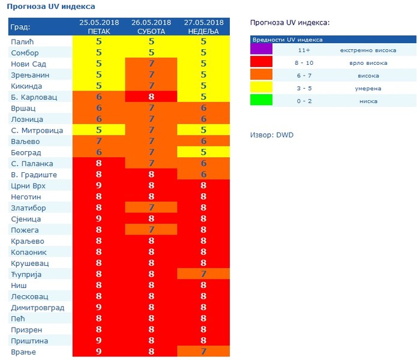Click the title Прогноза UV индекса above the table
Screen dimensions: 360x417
pyautogui.click(x=51, y=7)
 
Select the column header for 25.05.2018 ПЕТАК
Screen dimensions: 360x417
pyautogui.click(x=99, y=26)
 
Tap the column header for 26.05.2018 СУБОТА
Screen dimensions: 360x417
pyautogui.click(x=151, y=26)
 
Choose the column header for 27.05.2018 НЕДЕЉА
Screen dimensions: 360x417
pyautogui.click(x=203, y=26)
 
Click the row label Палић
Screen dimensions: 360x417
pyautogui.click(x=23, y=42)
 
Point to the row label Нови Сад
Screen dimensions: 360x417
pyautogui.click(x=29, y=64)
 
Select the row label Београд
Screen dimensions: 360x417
pyautogui.click(x=26, y=152)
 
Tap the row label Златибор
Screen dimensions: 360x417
pyautogui.click(x=28, y=208)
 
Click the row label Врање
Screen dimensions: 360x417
pyautogui.click(x=24, y=352)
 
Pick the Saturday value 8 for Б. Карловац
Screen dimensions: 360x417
pyautogui.click(x=151, y=97)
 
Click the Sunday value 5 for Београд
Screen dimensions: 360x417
pyautogui.click(x=203, y=152)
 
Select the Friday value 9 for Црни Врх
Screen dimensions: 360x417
pyautogui.click(x=99, y=185)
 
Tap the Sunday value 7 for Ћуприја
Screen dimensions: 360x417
pyautogui.click(x=203, y=274)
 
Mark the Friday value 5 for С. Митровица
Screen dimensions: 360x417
pyautogui.click(x=99, y=130)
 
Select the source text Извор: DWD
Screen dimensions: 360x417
pyautogui.click(x=272, y=135)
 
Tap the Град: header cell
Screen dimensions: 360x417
pyautogui.click(x=21, y=27)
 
